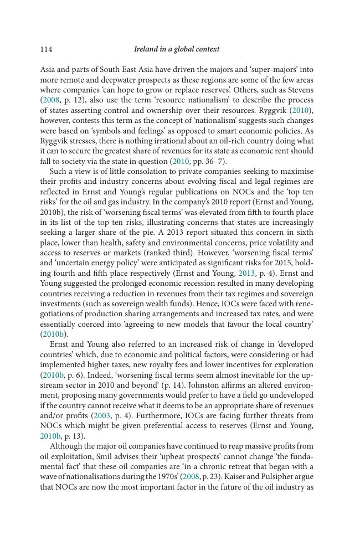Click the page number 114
(46, 49)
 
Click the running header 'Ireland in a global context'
(177, 49)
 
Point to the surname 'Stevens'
(300, 90)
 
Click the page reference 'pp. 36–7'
(208, 161)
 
